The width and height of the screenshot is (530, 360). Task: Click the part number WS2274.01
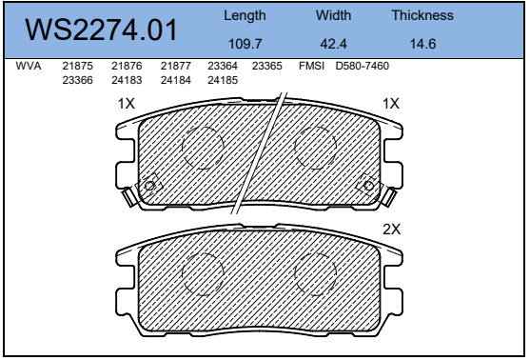[x=101, y=30]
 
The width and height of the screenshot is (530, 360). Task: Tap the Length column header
[x=245, y=15]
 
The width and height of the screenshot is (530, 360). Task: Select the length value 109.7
[x=245, y=44]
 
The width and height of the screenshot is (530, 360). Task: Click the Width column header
[x=333, y=15]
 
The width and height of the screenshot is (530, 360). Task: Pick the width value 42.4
[x=333, y=44]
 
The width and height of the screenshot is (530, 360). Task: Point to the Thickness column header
[x=422, y=15]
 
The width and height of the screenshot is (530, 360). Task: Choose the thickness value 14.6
[x=422, y=44]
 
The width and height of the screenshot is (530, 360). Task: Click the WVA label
[x=29, y=66]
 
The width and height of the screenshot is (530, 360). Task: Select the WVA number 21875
[x=77, y=66]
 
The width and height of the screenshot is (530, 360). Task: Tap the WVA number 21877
[x=176, y=66]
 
